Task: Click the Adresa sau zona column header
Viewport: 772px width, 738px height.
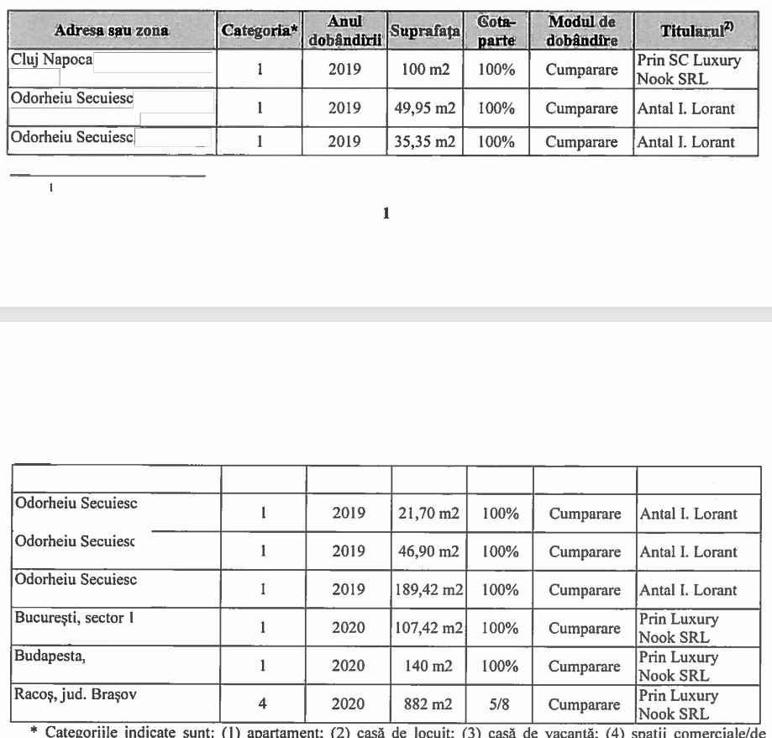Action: pos(111,30)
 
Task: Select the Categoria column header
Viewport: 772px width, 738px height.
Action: pos(260,30)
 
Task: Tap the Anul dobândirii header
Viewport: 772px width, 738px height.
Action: pos(344,30)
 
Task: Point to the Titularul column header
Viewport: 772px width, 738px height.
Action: pos(696,30)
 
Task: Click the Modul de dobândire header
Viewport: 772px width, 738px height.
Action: pos(581,30)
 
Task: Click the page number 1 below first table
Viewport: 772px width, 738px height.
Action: pos(386,213)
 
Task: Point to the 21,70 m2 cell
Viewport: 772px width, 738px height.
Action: pos(428,514)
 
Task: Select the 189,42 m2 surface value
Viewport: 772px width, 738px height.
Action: pos(429,590)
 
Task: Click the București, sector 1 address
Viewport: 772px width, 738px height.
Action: pos(75,619)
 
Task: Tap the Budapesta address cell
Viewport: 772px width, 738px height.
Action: pos(50,656)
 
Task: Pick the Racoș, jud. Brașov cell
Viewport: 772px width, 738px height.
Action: pos(76,694)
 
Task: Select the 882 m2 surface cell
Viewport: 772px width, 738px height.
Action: pos(428,704)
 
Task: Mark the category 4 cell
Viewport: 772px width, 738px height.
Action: pos(263,704)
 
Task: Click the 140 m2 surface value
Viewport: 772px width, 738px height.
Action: pos(428,667)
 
